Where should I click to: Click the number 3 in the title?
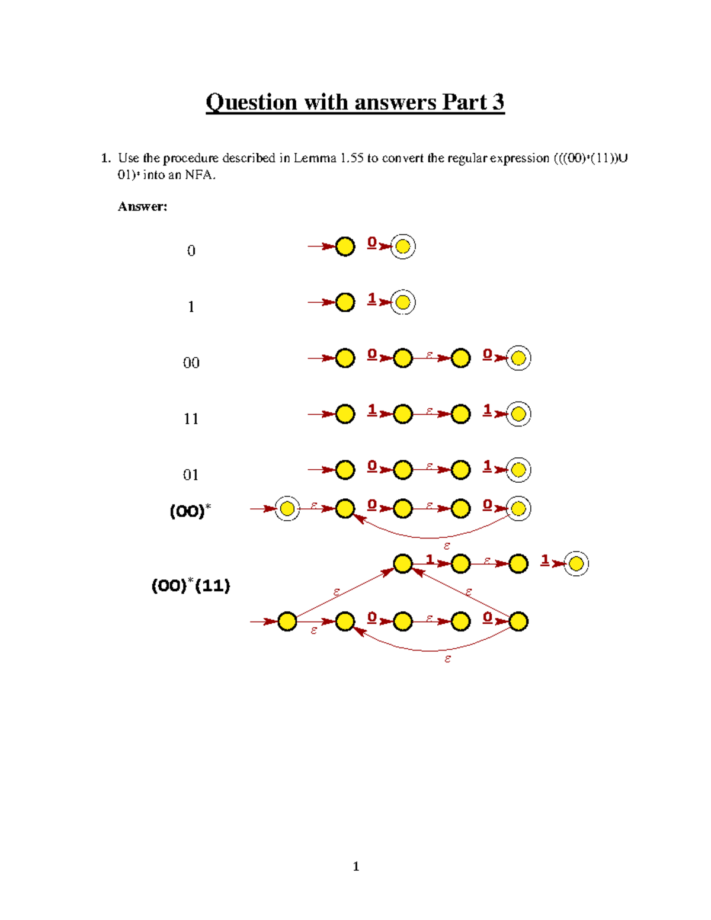coord(498,102)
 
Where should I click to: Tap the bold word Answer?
coord(142,206)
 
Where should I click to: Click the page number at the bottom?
coord(355,866)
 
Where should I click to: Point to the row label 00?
coord(191,363)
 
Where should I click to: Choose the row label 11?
coord(191,419)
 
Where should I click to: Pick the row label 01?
coord(191,475)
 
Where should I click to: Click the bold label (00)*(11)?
coord(191,585)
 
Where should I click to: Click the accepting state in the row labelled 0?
coord(403,246)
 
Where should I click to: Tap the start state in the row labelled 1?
coord(345,302)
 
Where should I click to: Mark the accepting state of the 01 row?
coord(518,470)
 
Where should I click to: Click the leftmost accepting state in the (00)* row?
coord(287,508)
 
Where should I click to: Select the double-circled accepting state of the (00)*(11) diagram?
coord(576,563)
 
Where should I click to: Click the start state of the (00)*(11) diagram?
coord(287,621)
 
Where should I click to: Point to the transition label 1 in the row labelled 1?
coord(371,299)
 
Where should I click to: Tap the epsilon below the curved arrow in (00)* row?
coord(447,546)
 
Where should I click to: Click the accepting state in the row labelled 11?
coord(518,413)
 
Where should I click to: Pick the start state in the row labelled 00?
coord(345,358)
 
